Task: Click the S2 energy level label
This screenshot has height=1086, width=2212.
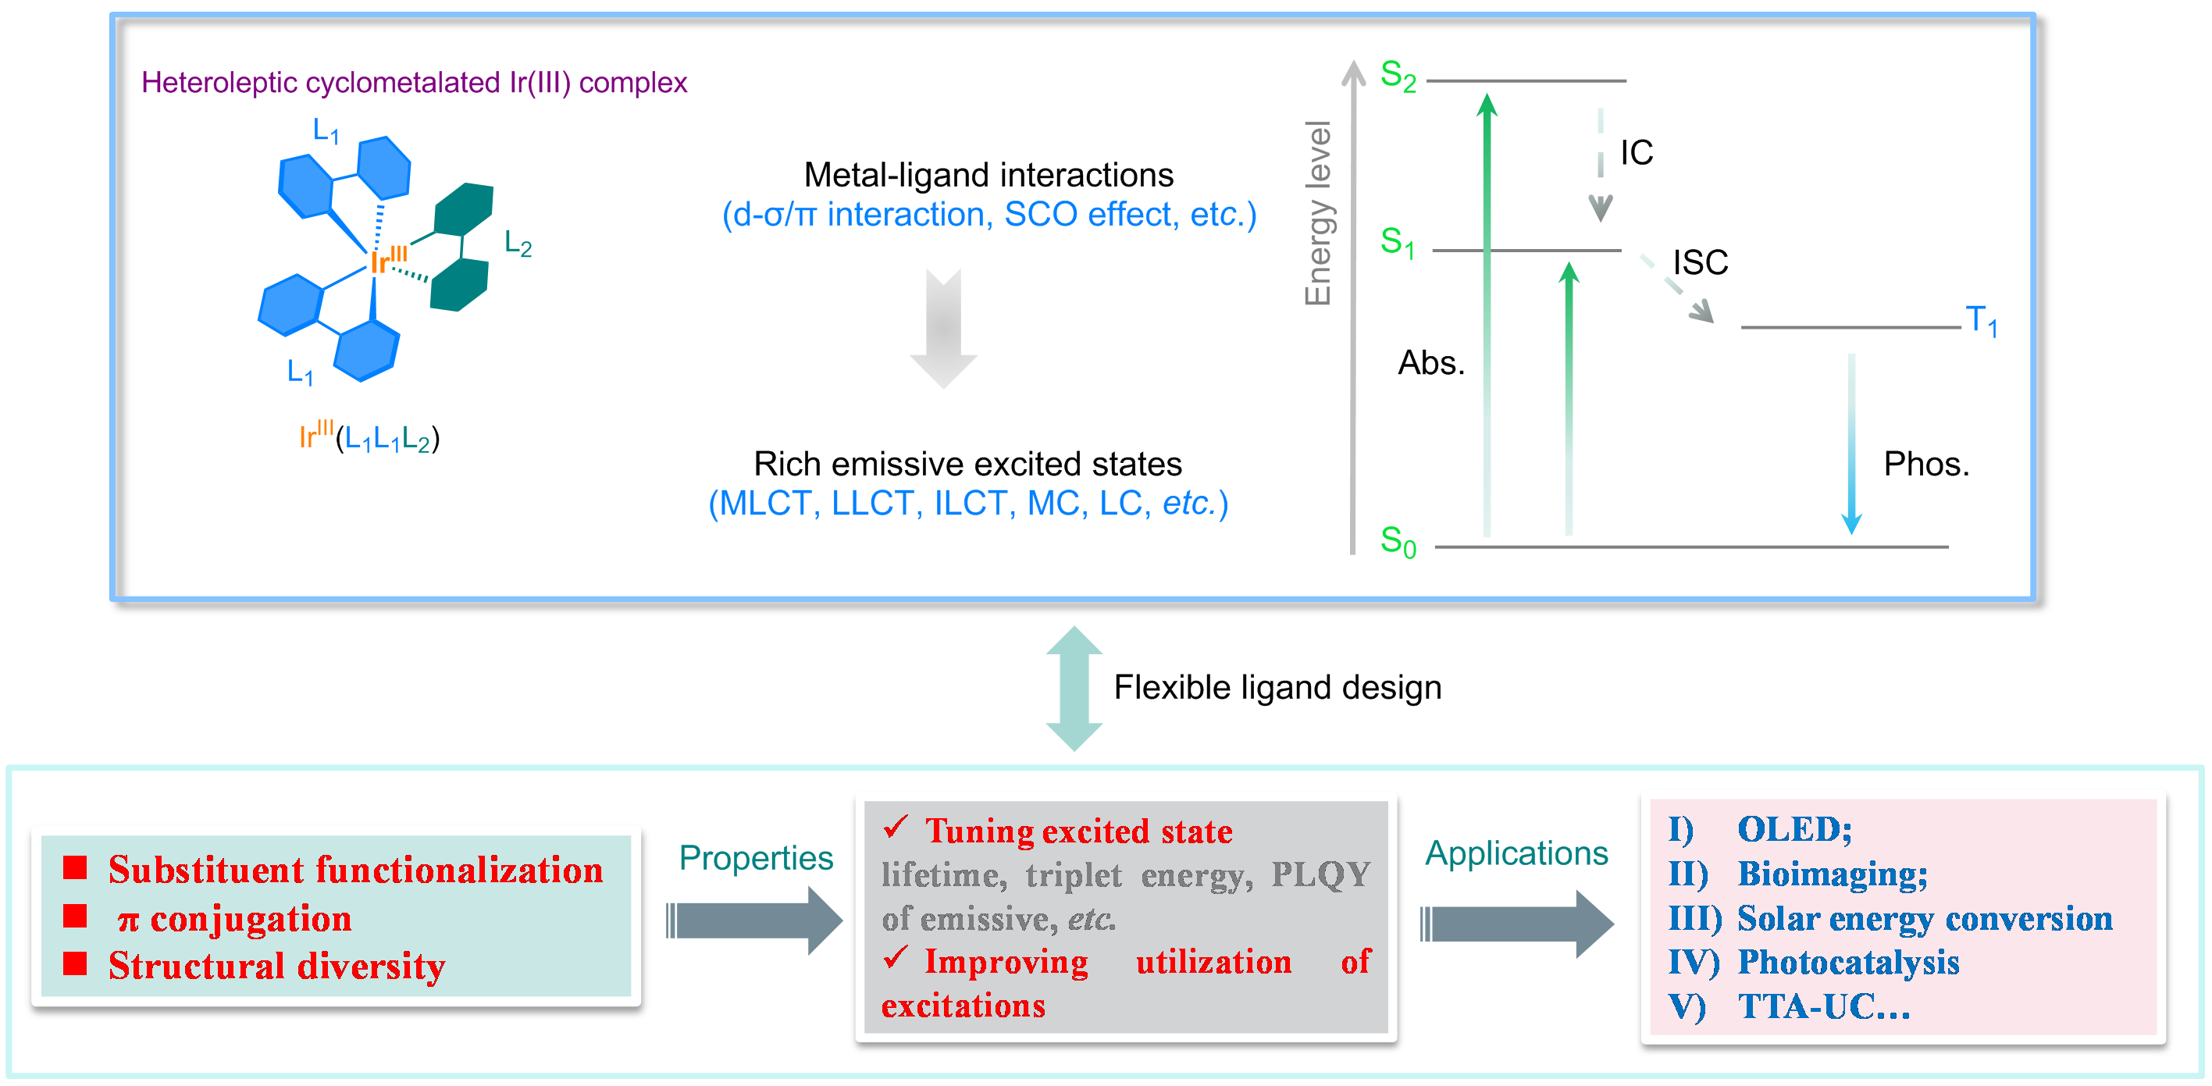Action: tap(1397, 76)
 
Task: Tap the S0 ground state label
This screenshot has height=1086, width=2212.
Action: tap(1397, 542)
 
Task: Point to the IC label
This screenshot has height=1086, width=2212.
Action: tap(1636, 153)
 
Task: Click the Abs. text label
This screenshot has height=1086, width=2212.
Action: tap(1430, 363)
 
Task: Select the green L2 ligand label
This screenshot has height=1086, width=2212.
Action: tap(518, 244)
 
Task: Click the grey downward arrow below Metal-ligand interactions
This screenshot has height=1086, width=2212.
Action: tap(943, 329)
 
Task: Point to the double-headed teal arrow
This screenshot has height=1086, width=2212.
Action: tap(1074, 689)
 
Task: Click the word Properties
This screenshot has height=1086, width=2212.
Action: tap(756, 858)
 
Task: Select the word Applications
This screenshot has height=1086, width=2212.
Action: tap(1516, 853)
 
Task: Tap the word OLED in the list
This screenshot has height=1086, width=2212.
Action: tap(1793, 829)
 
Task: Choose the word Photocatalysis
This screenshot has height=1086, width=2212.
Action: tap(1848, 963)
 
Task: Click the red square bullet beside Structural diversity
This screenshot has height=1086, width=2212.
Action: tap(76, 964)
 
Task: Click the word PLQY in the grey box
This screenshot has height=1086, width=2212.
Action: tap(1320, 874)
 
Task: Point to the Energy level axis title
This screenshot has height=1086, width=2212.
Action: tap(1317, 213)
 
